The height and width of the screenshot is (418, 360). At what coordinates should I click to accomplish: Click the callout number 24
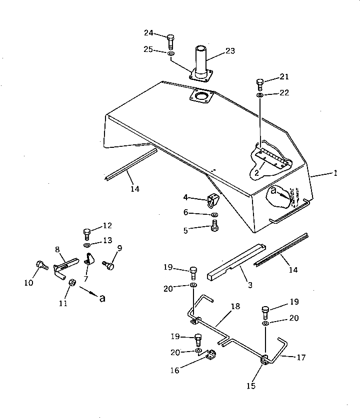pos(148,33)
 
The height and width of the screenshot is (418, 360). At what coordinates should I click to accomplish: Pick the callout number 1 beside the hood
pos(335,173)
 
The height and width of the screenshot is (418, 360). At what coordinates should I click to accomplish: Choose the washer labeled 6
pos(214,215)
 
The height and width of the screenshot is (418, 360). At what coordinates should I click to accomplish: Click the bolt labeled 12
pos(86,233)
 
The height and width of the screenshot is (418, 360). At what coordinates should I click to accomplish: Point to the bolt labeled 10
pos(40,266)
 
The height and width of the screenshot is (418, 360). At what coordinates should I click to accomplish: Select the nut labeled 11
pos(71,283)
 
